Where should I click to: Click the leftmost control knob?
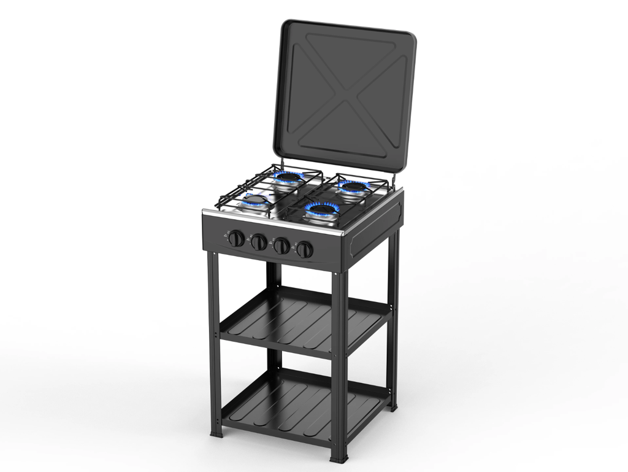(236, 239)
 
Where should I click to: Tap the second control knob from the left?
(259, 242)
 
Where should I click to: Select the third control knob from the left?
(281, 246)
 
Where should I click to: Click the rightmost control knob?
(304, 249)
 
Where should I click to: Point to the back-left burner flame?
(288, 177)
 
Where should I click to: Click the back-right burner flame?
(353, 186)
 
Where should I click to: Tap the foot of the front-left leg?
(216, 433)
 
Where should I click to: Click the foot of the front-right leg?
(339, 458)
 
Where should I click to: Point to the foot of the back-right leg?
(393, 406)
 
